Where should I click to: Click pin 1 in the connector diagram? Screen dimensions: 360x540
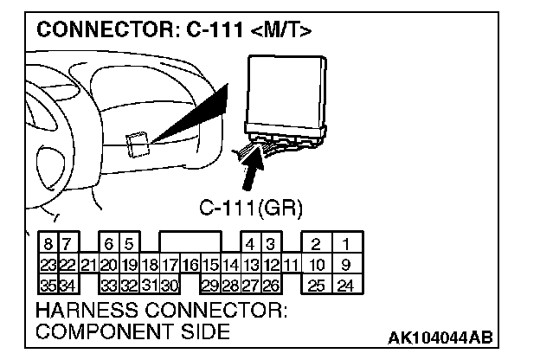tap(345, 245)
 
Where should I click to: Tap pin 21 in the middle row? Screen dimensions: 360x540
tap(87, 264)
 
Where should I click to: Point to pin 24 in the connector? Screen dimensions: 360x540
tap(345, 283)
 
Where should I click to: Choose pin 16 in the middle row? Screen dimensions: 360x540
tap(190, 264)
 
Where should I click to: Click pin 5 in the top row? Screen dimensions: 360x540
tap(128, 245)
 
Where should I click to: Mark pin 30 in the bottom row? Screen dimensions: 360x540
tap(170, 283)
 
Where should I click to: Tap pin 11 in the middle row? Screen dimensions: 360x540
tap(291, 264)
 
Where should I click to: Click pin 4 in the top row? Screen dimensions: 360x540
tap(251, 245)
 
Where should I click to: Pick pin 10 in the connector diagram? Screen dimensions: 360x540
tap(317, 264)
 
